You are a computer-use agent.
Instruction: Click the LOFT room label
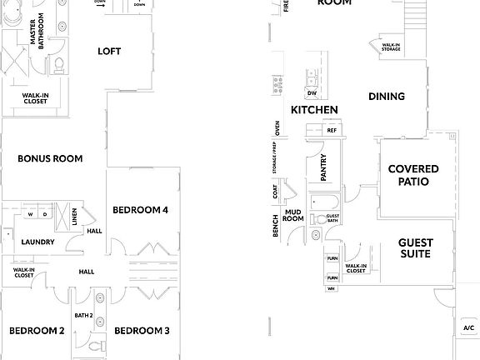tap(109, 51)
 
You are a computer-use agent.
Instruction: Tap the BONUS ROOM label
tap(50, 157)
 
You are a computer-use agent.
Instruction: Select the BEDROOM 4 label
tap(141, 209)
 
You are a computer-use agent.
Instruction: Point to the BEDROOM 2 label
tap(37, 331)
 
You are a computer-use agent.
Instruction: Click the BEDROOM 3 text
tap(142, 331)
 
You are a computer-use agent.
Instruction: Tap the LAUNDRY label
tap(38, 242)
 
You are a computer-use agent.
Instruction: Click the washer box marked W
tap(31, 214)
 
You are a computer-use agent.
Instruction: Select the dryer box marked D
tap(46, 214)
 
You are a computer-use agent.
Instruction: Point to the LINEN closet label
tap(74, 217)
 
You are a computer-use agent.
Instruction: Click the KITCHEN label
tap(314, 110)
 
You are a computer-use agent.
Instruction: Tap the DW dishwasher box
tap(312, 93)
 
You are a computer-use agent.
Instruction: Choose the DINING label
tap(387, 97)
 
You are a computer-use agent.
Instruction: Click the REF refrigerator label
tap(332, 131)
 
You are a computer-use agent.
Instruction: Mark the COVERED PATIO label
tap(413, 175)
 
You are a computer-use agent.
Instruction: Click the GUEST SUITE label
tap(414, 247)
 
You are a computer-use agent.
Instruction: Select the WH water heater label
tap(331, 288)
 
